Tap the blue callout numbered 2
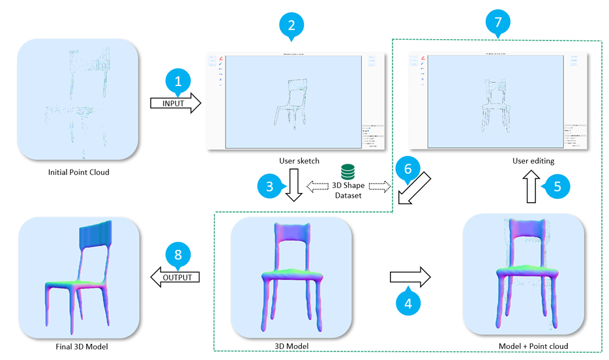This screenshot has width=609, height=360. pyautogui.click(x=291, y=25)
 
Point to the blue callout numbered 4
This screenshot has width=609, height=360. pyautogui.click(x=409, y=301)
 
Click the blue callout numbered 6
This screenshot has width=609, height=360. pyautogui.click(x=408, y=168)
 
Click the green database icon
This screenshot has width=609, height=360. pyautogui.click(x=348, y=172)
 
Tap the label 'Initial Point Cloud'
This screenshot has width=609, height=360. pyautogui.click(x=79, y=173)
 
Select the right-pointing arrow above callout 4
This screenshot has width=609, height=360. pyautogui.click(x=410, y=277)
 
